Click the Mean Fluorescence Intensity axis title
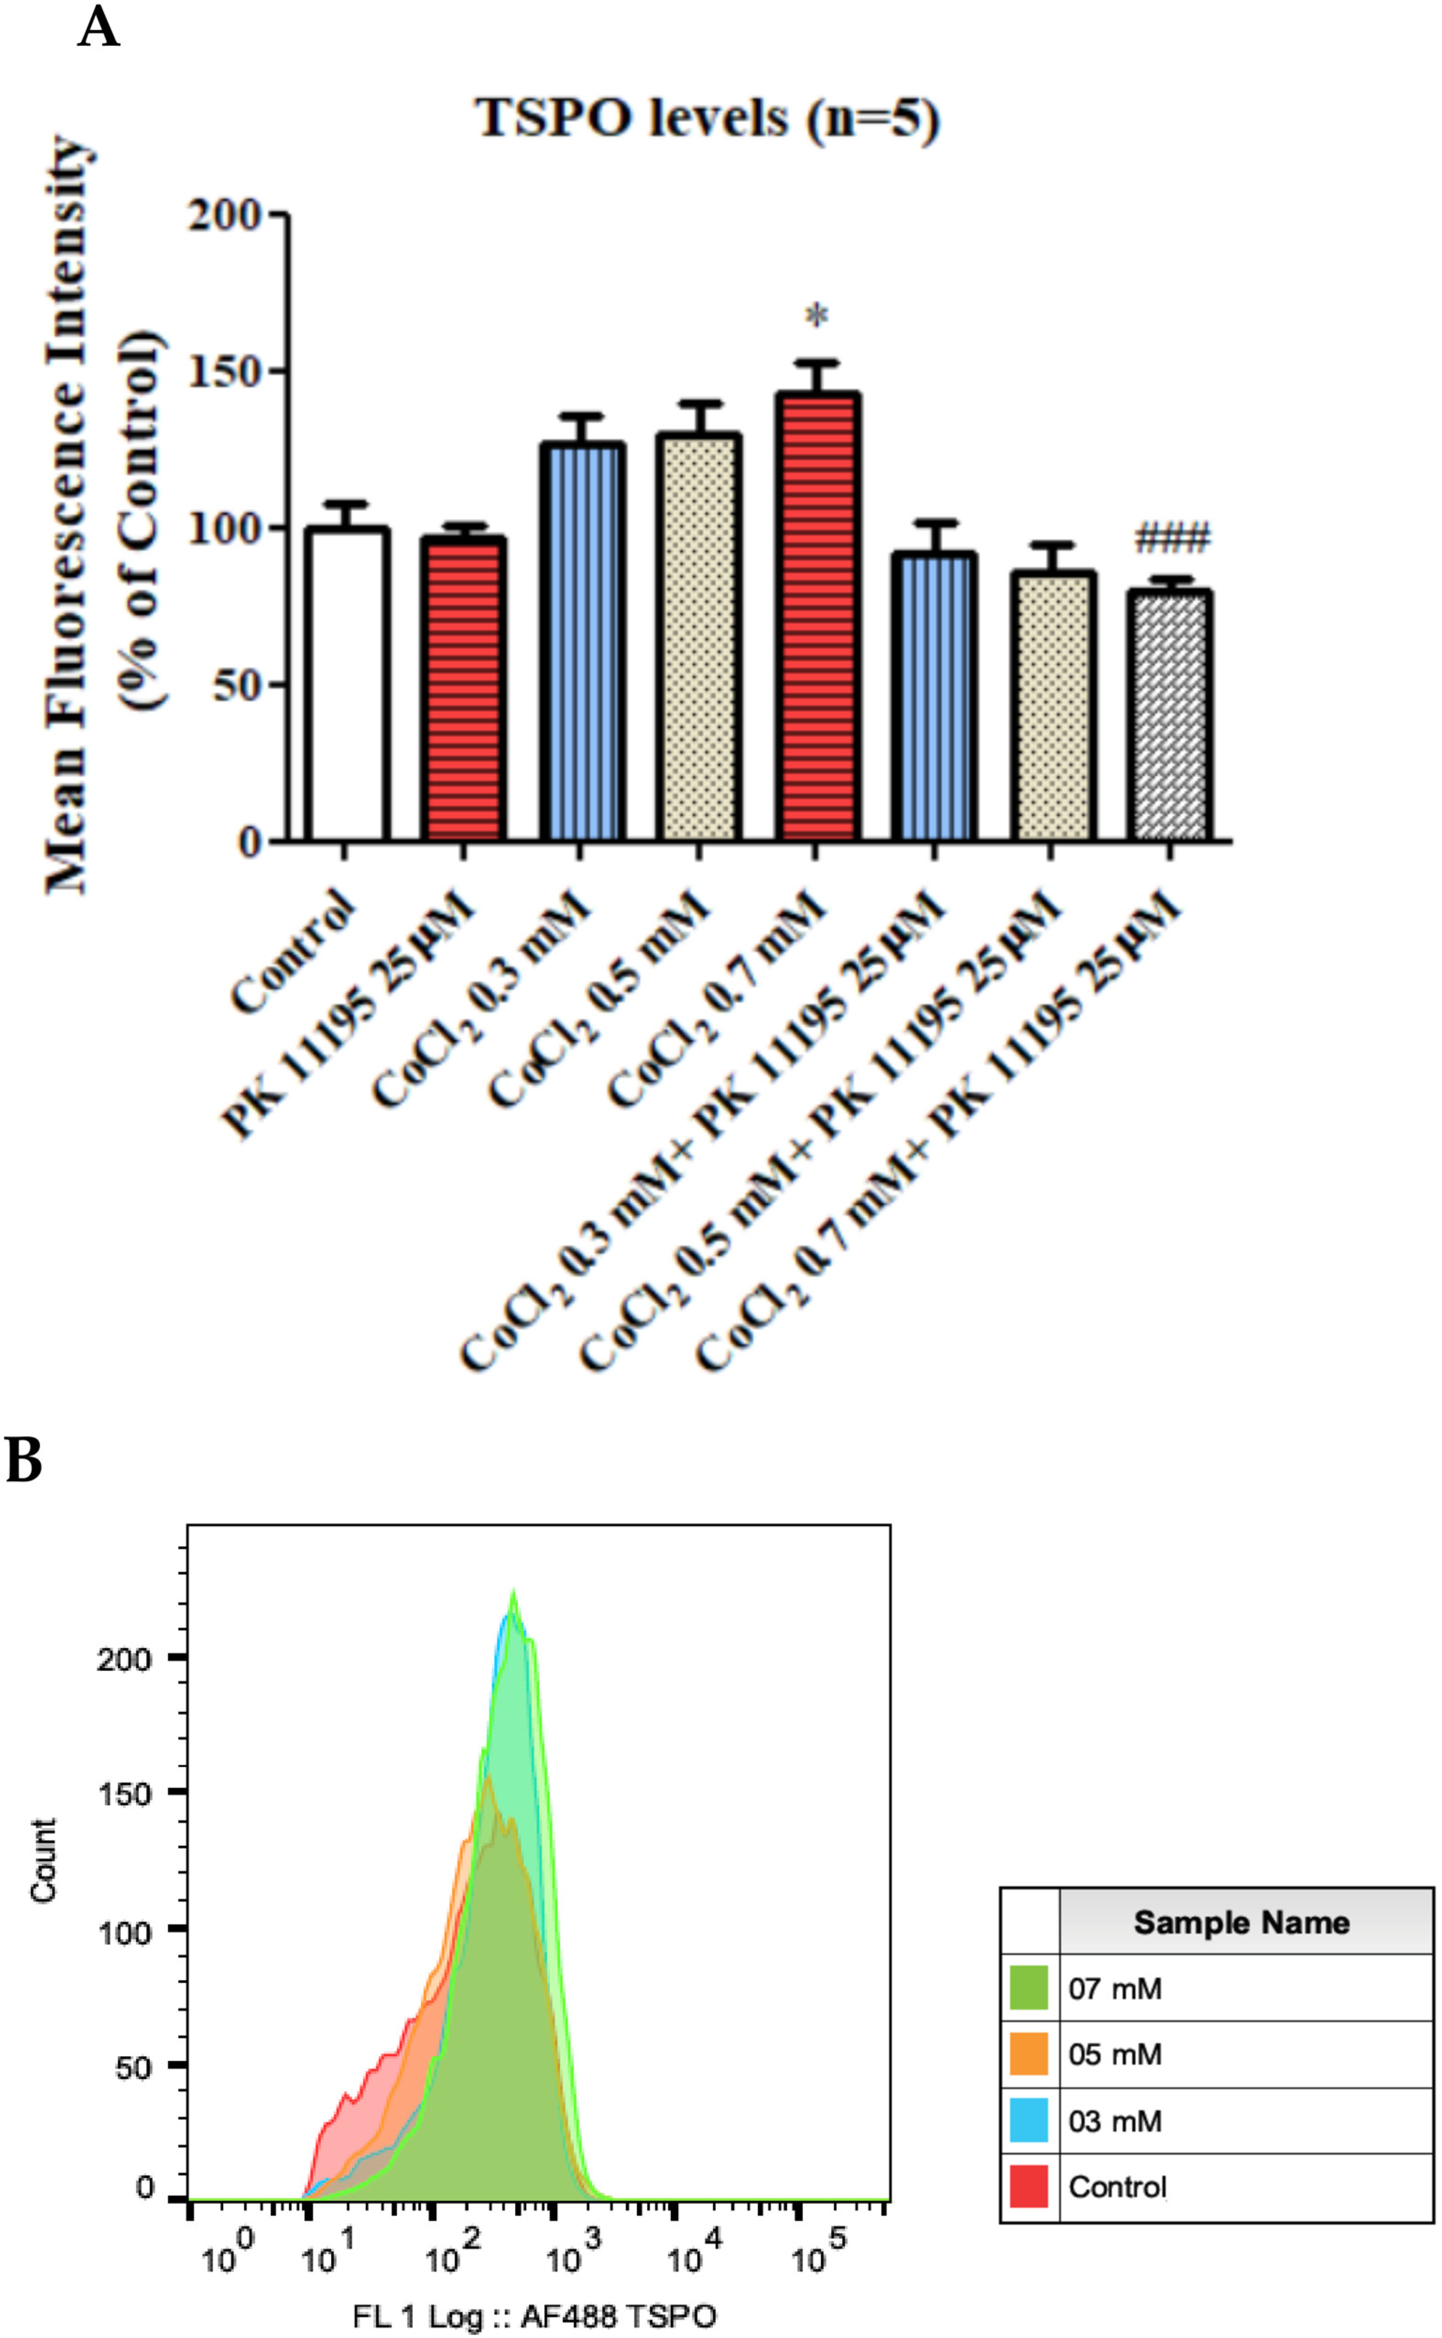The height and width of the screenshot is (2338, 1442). pos(69,515)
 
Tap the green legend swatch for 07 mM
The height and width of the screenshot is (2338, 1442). pos(1028,1988)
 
